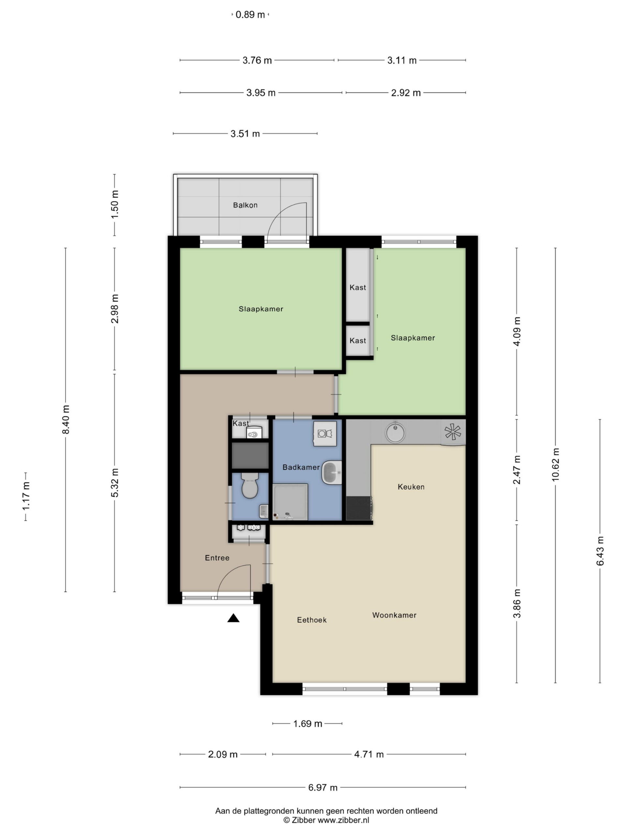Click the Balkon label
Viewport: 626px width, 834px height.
[245, 205]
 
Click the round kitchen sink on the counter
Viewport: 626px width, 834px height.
[395, 432]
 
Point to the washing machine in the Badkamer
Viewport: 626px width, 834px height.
[324, 434]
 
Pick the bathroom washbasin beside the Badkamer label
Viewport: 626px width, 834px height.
[332, 472]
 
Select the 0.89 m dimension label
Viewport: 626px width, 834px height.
[250, 15]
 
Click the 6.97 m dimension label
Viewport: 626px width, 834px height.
[323, 787]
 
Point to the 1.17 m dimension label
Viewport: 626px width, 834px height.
[26, 496]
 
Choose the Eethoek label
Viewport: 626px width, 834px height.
[312, 620]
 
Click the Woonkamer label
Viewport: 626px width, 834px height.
[394, 615]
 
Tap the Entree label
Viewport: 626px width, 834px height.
[217, 558]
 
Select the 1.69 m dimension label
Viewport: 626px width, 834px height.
[307, 724]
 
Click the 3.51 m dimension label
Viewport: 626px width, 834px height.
[245, 134]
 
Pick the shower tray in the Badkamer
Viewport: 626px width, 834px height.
[290, 502]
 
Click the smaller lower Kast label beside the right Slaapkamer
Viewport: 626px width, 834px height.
[358, 340]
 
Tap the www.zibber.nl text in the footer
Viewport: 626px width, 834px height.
[343, 820]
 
